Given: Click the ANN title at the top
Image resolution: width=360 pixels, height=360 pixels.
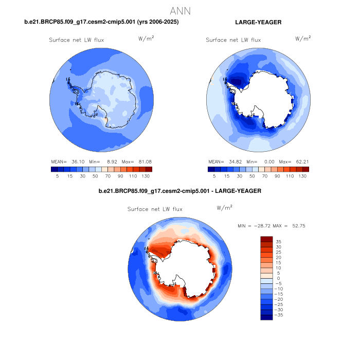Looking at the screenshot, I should click(180, 10).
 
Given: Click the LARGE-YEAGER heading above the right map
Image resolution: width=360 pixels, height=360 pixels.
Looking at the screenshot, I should click(258, 22).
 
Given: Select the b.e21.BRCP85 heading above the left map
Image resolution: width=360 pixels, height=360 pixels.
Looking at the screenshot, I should click(102, 22).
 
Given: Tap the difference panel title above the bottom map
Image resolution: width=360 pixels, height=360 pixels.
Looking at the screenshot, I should click(180, 191).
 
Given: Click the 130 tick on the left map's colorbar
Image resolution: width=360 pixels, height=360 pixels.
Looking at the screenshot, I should click(146, 176).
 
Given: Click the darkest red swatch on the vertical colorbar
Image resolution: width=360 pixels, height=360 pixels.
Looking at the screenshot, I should click(266, 239).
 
